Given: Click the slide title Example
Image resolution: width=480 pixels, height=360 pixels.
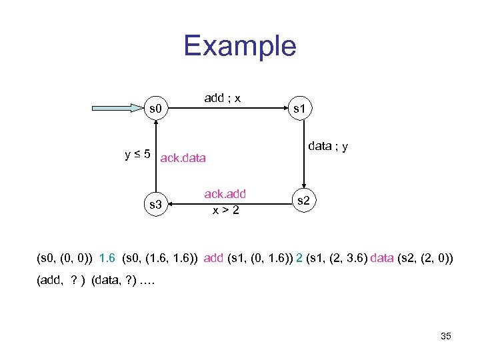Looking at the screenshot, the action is [x=239, y=46].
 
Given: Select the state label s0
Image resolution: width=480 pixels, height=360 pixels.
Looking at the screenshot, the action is [x=156, y=107].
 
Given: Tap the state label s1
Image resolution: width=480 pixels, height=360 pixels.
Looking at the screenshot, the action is [x=303, y=106].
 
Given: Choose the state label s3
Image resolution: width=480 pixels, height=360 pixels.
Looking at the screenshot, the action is [x=156, y=204].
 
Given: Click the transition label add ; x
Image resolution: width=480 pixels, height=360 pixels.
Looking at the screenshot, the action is [x=223, y=98].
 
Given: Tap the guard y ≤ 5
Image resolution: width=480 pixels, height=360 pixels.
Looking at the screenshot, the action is [x=138, y=155].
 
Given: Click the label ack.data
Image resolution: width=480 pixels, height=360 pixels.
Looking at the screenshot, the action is [x=183, y=159].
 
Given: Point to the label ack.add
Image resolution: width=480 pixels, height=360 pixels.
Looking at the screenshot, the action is [x=225, y=193].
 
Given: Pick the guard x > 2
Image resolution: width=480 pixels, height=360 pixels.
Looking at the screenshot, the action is [x=225, y=210].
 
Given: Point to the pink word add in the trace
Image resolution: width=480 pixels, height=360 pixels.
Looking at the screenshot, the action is [x=213, y=257].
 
